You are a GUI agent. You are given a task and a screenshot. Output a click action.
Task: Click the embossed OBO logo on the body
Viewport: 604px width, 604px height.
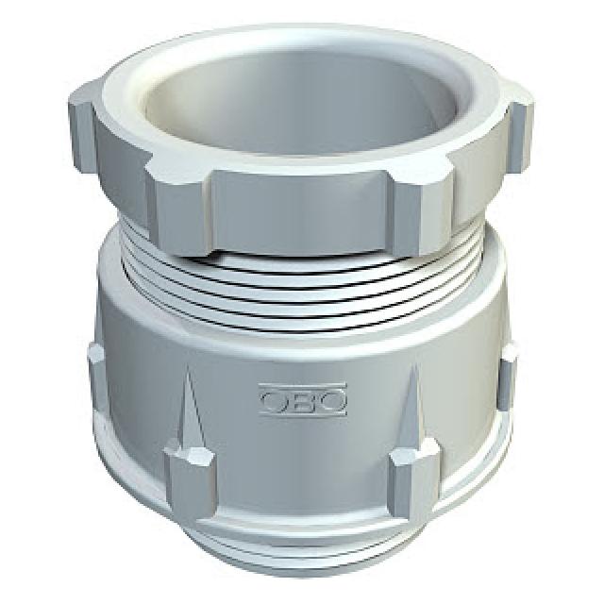coord(303,399)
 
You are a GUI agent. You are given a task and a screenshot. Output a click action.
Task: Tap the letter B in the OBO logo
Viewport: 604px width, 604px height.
coord(304,400)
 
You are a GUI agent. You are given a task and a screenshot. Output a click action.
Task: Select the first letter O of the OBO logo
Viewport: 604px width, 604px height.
coord(275,400)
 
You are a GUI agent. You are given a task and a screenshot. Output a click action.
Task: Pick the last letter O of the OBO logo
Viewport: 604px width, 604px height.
coord(332,400)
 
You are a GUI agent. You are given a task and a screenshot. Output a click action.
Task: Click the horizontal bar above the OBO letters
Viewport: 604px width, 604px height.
coord(303,386)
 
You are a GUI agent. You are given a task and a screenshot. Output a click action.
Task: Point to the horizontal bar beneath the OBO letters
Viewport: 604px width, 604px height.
coord(303,413)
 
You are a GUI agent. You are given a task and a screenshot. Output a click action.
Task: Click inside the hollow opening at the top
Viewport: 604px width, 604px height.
coord(300,108)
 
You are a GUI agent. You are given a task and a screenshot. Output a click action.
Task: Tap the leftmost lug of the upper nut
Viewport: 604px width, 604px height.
coord(82,127)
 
